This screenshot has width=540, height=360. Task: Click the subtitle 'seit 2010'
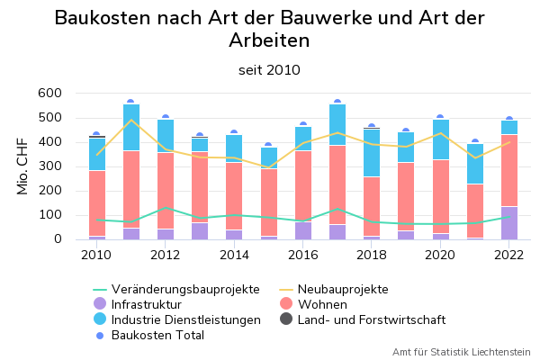click(x=269, y=70)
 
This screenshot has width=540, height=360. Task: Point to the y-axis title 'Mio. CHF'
click(x=23, y=166)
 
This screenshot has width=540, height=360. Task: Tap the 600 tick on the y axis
click(x=49, y=93)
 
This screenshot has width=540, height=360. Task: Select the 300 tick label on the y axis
click(x=49, y=166)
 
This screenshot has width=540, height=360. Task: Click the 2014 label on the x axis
click(x=234, y=255)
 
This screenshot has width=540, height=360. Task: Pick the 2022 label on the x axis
click(x=508, y=255)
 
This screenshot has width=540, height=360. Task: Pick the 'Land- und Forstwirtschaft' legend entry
click(x=371, y=319)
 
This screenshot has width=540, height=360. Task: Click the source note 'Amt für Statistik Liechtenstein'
click(x=461, y=352)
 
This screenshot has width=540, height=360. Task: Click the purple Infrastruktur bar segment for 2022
click(x=508, y=223)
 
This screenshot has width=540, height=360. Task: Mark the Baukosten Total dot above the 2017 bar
click(x=337, y=103)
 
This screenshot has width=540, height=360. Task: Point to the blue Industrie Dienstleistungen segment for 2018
click(x=372, y=153)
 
